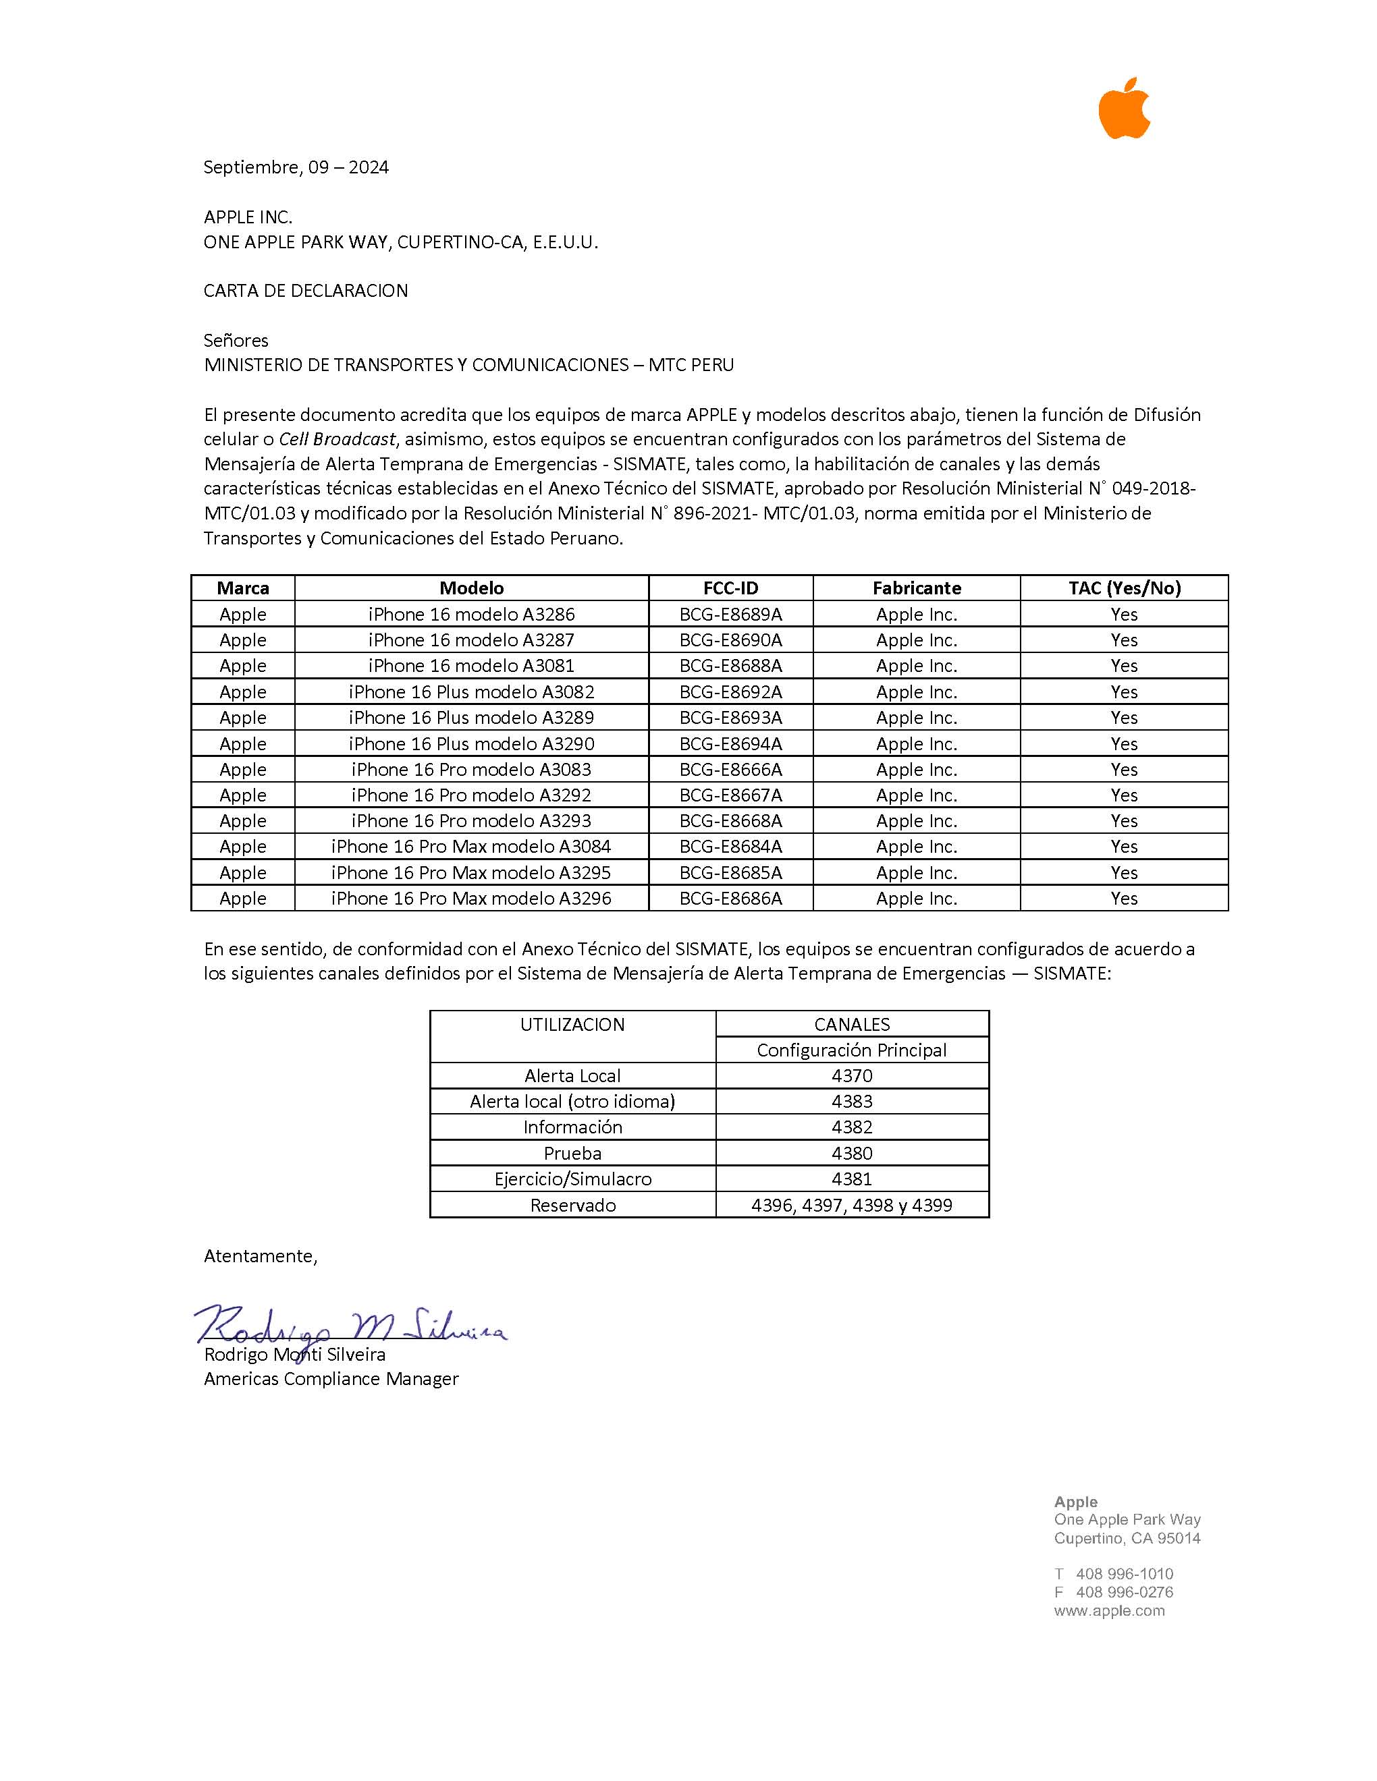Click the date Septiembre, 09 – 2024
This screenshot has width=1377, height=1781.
pos(295,167)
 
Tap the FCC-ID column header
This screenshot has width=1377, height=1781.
pos(730,588)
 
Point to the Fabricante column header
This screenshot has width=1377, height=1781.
pos(916,588)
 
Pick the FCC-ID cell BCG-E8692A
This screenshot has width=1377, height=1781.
pos(730,691)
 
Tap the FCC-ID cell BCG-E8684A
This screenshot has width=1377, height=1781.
pos(730,847)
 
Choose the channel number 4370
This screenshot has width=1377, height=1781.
pos(852,1075)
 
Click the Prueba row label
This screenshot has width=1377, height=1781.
pos(572,1153)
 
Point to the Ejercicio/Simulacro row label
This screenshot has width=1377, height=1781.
pos(572,1179)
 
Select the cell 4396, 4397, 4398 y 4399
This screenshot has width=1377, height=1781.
pos(852,1206)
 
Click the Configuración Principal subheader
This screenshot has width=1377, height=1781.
pos(852,1050)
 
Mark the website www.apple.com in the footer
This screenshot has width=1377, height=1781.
pos(1108,1610)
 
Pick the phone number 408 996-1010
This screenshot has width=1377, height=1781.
pos(1124,1574)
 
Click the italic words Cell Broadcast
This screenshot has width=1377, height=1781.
pos(337,439)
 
